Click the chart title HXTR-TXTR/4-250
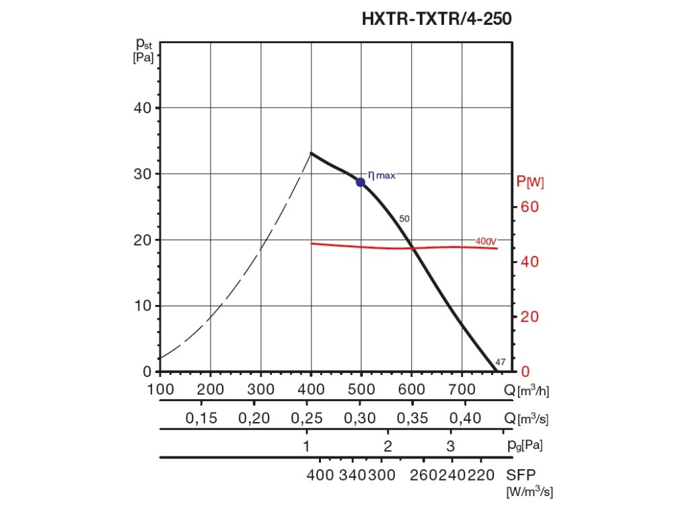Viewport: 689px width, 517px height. coord(437,19)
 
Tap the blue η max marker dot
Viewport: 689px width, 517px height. coord(361,182)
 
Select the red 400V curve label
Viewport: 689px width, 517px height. coord(485,241)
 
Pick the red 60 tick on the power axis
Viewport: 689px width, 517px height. coord(530,207)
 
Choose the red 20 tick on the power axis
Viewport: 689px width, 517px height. coord(530,316)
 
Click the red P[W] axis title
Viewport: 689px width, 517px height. coord(530,182)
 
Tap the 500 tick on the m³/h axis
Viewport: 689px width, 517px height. coord(361,389)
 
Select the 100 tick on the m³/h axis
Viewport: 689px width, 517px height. coord(161,389)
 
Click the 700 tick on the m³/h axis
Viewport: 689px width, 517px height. coord(462,389)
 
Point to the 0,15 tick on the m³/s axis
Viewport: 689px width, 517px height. coord(201,419)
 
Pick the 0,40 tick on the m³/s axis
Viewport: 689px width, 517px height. coord(465,419)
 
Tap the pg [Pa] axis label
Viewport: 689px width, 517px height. coord(525,445)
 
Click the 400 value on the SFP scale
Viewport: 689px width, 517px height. coord(320,474)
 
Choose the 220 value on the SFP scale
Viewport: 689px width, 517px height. coord(481,474)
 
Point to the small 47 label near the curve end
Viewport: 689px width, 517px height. coord(500,363)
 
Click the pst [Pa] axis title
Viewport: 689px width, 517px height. coord(144,50)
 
